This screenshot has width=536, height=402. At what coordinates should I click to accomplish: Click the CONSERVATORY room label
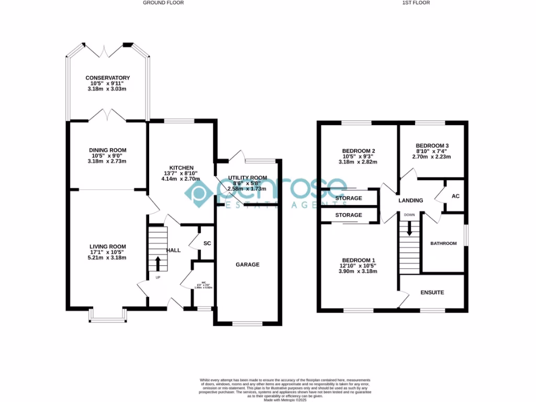[107, 78]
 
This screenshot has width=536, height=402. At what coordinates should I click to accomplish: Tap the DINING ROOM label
[107, 150]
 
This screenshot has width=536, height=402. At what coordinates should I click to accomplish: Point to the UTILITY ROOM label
[248, 178]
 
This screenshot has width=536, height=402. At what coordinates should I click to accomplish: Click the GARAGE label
[247, 265]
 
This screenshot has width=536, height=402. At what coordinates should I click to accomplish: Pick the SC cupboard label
[207, 244]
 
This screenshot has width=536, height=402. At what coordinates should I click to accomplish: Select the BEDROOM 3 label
[432, 146]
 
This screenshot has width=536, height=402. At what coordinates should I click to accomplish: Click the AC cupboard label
[455, 196]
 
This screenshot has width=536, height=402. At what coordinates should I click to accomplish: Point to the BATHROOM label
[443, 243]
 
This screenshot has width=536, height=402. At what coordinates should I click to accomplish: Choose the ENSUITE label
[432, 292]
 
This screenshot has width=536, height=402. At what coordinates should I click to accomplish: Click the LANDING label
[410, 200]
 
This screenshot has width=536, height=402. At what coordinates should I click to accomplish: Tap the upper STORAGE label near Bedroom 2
[349, 198]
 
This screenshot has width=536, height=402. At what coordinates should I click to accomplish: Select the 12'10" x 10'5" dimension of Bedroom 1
[359, 266]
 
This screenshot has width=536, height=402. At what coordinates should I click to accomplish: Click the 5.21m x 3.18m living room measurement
[107, 258]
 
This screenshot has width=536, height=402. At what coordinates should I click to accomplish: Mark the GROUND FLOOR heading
[163, 3]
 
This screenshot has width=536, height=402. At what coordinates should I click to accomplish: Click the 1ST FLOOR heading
[416, 3]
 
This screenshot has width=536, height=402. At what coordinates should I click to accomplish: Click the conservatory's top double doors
[108, 51]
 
